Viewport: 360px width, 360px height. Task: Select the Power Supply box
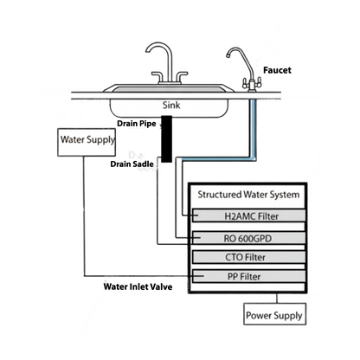pyautogui.click(x=273, y=314)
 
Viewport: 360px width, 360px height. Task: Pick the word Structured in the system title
pyautogui.click(x=220, y=195)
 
